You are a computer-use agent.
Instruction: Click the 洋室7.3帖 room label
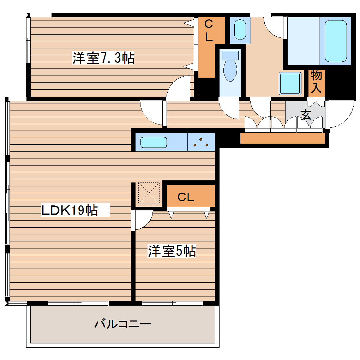(103, 58)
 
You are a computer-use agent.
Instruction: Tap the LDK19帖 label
(70, 210)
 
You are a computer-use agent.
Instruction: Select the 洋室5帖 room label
(172, 251)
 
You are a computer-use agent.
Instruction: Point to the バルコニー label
(122, 323)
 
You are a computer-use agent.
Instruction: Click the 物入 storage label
(316, 82)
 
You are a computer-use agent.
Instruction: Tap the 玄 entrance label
(306, 114)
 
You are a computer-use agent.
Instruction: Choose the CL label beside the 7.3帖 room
(209, 31)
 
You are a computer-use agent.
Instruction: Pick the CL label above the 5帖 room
(186, 197)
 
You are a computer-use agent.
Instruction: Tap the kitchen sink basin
(154, 142)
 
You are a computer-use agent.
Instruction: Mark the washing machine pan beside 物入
(290, 83)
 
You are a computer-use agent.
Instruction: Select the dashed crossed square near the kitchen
(149, 193)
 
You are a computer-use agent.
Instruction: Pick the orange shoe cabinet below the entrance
(282, 138)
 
